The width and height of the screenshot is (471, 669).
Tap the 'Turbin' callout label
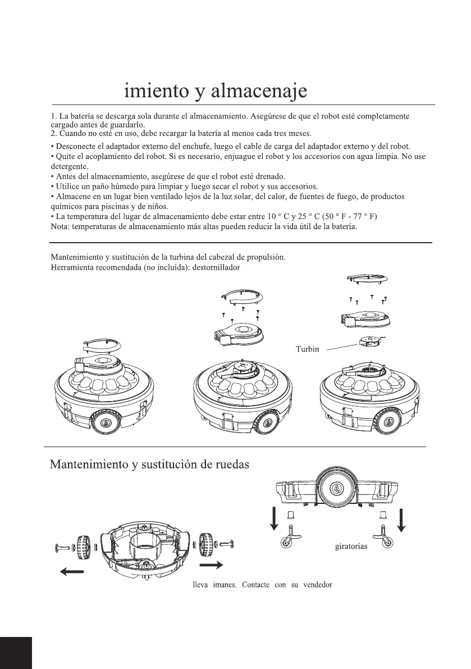click(307, 349)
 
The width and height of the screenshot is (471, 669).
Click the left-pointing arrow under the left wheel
click(71, 572)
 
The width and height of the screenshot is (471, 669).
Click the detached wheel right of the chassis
click(209, 544)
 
